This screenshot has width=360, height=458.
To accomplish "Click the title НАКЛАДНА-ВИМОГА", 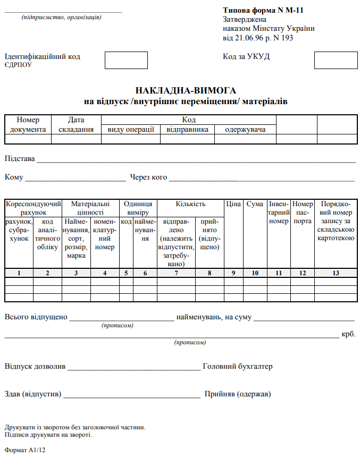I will [186, 91].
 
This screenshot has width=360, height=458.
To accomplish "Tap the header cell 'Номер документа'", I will [28, 124].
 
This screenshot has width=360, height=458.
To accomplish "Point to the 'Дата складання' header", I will [76, 124].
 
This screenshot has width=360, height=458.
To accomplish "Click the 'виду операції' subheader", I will [131, 129].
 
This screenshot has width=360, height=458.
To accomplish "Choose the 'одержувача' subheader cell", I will [245, 129].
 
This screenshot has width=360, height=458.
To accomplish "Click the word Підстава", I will [20, 158].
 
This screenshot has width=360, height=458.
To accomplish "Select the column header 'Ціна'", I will [233, 203].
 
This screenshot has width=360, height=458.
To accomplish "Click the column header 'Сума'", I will [255, 203].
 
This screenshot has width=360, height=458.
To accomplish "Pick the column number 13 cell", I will [335, 273].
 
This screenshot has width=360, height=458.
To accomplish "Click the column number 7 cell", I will [176, 273].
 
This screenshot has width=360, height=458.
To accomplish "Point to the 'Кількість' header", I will [190, 203].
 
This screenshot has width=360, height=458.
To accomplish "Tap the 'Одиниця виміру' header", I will [138, 208].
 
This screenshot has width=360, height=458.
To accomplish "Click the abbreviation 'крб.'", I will [348, 334].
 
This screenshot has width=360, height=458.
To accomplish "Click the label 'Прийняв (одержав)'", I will [238, 394].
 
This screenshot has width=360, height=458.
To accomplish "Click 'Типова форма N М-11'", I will [263, 10].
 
